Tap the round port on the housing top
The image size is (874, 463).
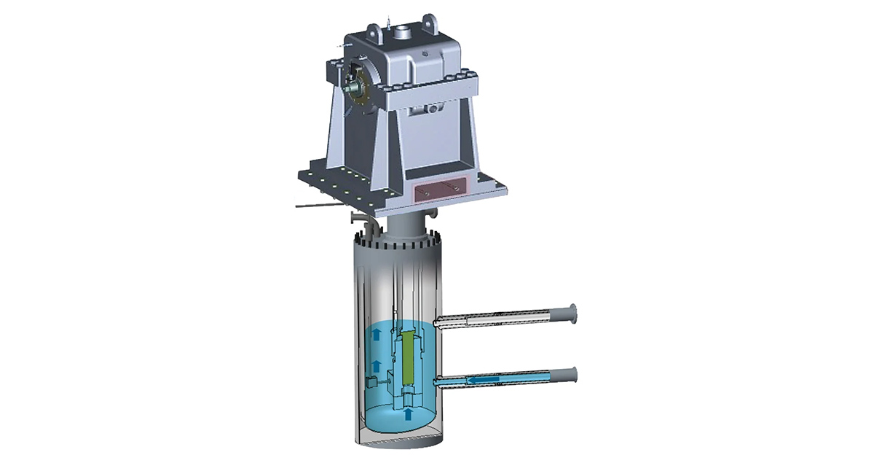pyautogui.click(x=403, y=33)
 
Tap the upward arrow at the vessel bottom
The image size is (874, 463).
pyautogui.click(x=408, y=413)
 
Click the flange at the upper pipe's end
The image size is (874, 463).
pyautogui.click(x=572, y=314)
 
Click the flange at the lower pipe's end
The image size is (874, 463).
pyautogui.click(x=572, y=374)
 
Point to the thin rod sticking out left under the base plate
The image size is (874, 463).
pyautogui.click(x=320, y=208)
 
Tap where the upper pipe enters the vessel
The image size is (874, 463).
pyautogui.click(x=438, y=322)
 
